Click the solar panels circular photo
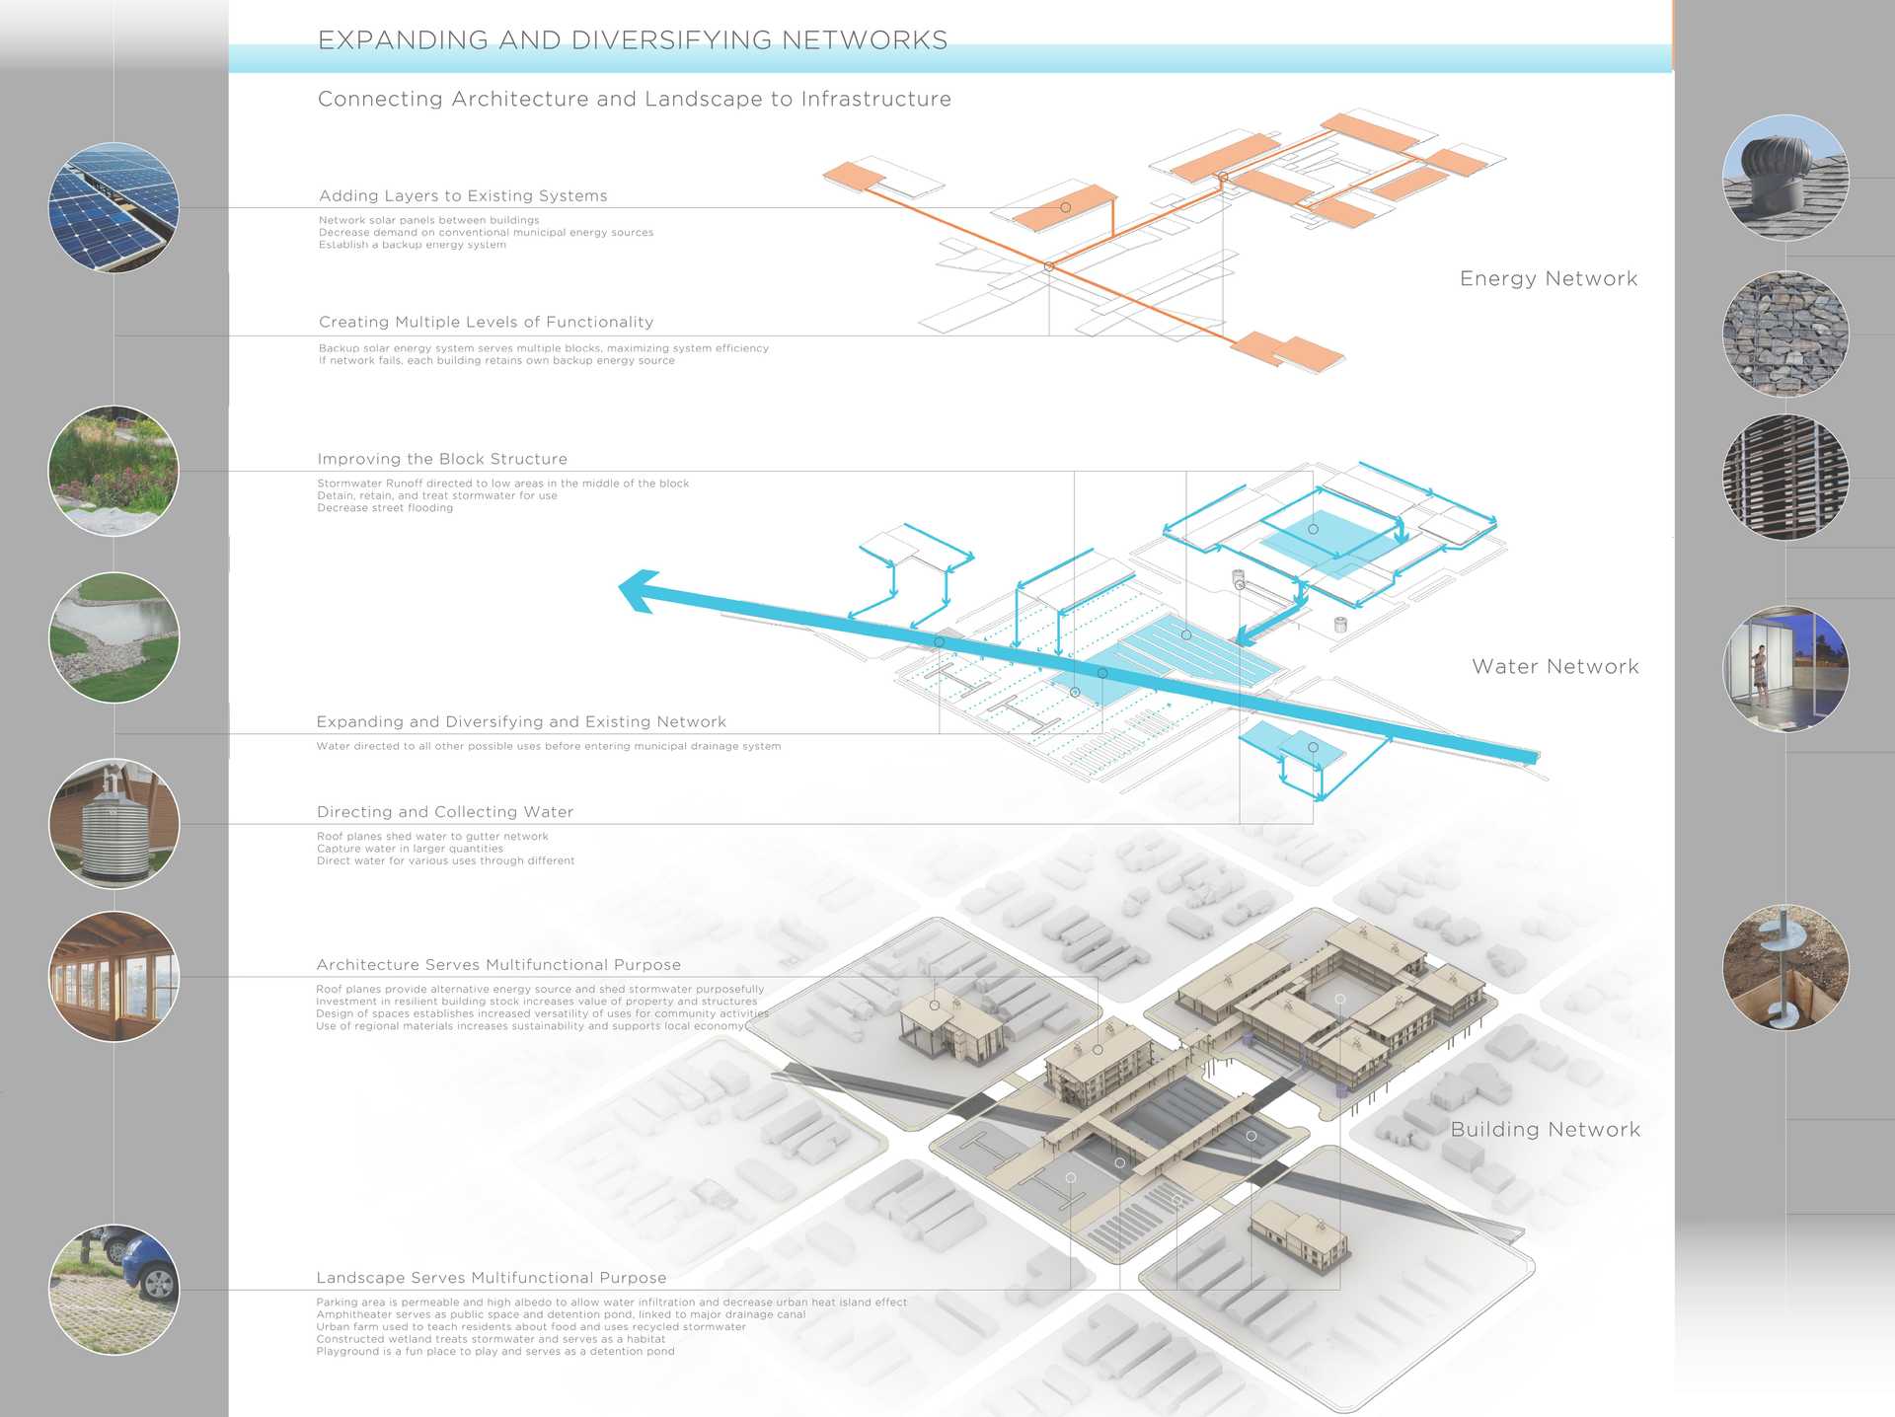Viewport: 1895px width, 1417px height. tap(114, 207)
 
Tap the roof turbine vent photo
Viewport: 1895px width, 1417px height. tap(1785, 178)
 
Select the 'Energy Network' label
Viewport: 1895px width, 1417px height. tap(1549, 279)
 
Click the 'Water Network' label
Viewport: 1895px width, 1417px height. tap(1555, 667)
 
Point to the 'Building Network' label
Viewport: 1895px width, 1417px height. tap(1546, 1130)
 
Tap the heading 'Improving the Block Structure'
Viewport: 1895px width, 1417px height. tap(442, 459)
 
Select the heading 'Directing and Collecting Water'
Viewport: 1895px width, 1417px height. tap(445, 812)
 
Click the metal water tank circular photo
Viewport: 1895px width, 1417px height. tap(114, 823)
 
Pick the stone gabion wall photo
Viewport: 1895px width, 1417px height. tap(1785, 334)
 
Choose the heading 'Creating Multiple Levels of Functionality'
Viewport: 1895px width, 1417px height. tap(486, 322)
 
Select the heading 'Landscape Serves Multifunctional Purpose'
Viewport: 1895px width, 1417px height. tap(492, 1278)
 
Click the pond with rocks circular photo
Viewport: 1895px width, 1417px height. tap(114, 637)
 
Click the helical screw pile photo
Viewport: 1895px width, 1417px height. tap(1785, 967)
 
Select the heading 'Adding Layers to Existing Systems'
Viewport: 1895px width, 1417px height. tap(463, 195)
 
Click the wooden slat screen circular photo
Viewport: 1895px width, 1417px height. tap(1785, 478)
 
